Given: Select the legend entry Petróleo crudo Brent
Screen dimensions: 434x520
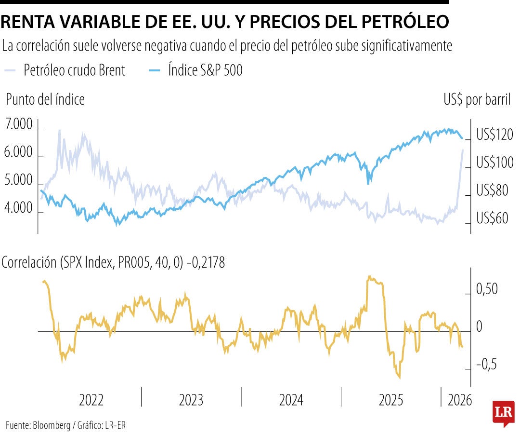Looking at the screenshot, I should tap(74, 70).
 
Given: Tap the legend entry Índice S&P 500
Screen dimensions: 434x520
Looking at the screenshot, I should tap(205, 70).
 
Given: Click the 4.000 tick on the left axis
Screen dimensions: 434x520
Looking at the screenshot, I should tap(19, 209).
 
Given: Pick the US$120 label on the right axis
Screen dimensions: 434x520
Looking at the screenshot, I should tap(495, 135).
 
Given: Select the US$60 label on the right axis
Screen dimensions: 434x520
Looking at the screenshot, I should tap(492, 218).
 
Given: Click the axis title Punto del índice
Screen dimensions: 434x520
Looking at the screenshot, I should tap(45, 100).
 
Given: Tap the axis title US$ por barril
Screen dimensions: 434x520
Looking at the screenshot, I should tap(477, 100).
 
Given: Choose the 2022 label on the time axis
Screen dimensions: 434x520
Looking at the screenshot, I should tap(91, 400).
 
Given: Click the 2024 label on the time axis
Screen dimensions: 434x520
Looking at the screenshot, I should tap(291, 400).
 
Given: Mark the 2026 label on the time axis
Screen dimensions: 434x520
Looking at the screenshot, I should tap(460, 400).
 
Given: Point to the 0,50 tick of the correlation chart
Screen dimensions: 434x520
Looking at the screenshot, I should tap(487, 290).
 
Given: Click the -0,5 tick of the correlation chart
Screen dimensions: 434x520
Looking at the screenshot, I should tap(486, 365).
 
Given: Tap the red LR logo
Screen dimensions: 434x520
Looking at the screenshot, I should tap(503, 413).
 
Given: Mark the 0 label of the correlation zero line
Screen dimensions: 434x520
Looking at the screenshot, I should tap(479, 327).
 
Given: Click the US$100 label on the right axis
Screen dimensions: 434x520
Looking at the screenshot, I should tap(495, 163).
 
